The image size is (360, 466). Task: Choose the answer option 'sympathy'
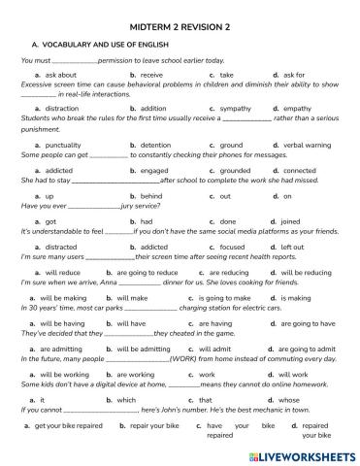click(236, 108)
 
